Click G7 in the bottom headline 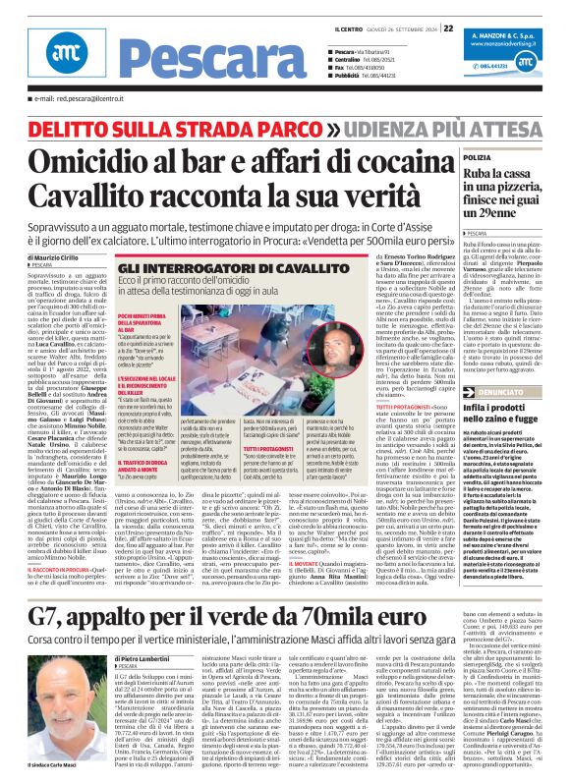[x=46, y=563]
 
